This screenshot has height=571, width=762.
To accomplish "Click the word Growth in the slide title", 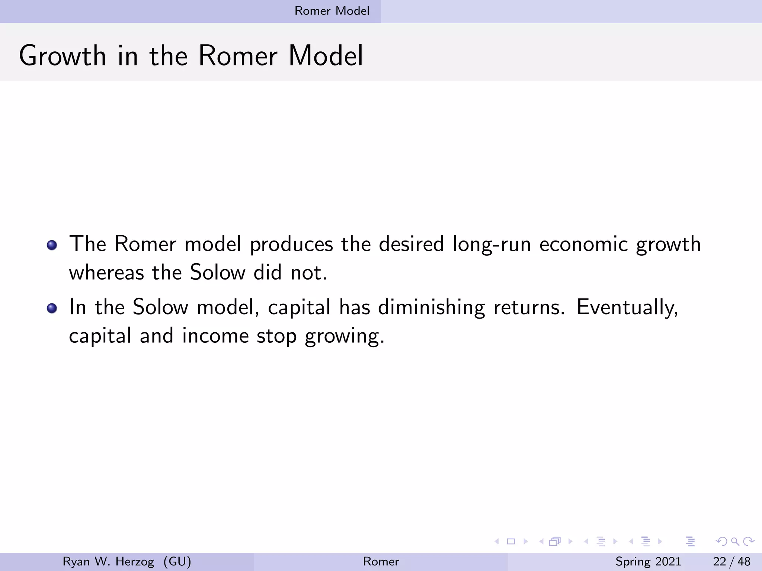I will point(63,56).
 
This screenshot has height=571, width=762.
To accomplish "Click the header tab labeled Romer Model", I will point(332,11).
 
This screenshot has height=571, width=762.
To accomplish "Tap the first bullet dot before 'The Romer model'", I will point(52,245).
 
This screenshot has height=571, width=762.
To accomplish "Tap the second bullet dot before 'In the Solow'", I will point(52,308).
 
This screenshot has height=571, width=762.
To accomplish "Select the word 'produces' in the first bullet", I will point(291,245).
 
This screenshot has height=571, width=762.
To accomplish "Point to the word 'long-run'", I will point(492,245).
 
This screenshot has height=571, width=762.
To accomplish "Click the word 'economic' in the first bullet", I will point(583,245).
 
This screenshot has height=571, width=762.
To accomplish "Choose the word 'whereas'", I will point(106,273).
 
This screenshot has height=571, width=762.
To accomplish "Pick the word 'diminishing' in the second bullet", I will point(431,308).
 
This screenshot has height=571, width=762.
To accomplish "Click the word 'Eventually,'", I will point(627,308).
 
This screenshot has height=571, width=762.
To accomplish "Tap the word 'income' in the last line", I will point(215,336).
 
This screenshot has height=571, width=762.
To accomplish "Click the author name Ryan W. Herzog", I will point(108,561).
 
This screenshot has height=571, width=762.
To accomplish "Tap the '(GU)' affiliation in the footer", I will point(177,561).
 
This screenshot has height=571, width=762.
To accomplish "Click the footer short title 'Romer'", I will point(381,561).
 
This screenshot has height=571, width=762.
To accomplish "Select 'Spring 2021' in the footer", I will point(648,561).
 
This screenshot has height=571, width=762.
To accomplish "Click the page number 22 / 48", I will point(731,561).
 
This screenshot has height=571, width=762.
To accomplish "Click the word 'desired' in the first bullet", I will point(411,245).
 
